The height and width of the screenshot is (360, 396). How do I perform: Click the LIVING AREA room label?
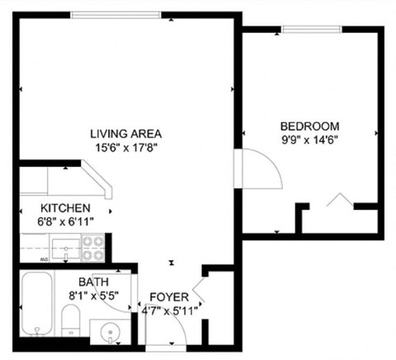tap(126, 134)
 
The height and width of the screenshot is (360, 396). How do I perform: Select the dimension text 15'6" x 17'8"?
tap(126, 148)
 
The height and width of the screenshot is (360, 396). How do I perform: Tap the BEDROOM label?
tap(309, 126)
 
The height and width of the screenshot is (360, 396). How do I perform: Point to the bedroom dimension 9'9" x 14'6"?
tap(309, 140)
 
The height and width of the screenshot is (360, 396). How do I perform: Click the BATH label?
tap(93, 282)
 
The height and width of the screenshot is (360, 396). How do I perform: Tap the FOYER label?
tap(170, 297)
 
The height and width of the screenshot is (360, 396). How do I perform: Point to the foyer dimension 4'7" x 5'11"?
tap(170, 311)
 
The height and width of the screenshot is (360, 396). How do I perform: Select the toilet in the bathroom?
tap(71, 320)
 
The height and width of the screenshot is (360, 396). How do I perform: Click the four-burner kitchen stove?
tap(92, 244)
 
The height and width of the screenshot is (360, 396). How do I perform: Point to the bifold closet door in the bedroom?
tap(338, 200)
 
